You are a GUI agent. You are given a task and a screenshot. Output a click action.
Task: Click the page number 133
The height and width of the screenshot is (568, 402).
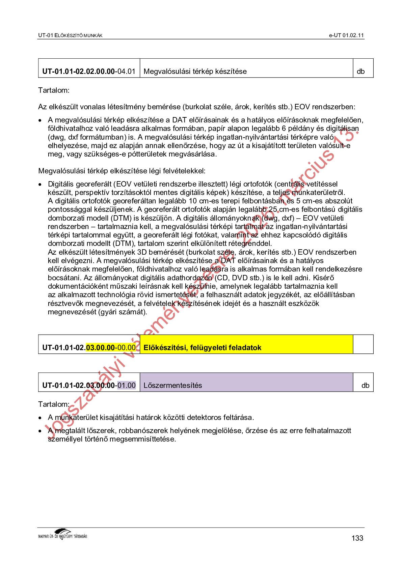click(x=357, y=538)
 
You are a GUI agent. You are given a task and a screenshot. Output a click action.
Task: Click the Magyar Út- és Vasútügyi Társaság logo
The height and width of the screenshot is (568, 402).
click(x=63, y=534)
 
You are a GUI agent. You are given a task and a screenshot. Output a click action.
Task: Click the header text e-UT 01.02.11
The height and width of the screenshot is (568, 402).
click(x=346, y=35)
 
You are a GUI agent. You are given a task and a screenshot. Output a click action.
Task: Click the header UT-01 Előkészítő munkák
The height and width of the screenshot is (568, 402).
click(x=70, y=35)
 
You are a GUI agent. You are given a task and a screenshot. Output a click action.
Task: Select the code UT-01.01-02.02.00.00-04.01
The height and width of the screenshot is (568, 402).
click(x=89, y=72)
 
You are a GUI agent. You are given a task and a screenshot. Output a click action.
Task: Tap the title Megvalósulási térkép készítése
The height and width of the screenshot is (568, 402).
click(x=195, y=72)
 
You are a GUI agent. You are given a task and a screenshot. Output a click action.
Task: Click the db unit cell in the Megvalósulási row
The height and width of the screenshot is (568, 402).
click(x=361, y=72)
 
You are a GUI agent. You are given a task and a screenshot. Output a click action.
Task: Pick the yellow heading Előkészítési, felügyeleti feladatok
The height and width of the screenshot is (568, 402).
click(x=203, y=348)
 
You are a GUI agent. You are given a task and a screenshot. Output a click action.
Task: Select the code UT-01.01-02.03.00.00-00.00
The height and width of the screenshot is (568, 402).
click(x=89, y=348)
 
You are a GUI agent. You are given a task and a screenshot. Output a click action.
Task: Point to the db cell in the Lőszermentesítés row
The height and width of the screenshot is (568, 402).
click(x=365, y=386)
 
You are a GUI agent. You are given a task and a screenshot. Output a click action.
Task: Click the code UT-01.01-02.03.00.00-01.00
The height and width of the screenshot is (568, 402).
click(x=89, y=386)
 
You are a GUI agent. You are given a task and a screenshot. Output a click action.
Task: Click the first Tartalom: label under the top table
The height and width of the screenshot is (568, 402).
click(x=54, y=90)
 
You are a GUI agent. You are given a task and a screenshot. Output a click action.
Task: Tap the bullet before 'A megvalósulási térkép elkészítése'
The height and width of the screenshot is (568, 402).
click(x=40, y=120)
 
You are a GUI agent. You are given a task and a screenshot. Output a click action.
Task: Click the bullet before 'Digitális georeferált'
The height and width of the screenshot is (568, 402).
click(x=40, y=184)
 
